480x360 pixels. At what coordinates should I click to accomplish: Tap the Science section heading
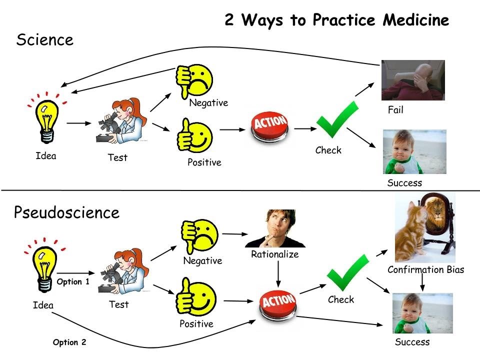tap(44, 40)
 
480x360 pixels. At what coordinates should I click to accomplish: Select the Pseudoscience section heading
tap(66, 212)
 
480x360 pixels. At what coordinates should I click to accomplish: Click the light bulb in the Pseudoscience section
tap(43, 264)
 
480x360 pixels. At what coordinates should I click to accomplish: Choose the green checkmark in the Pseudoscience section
tap(347, 272)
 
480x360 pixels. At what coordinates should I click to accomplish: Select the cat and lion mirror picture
tap(425, 227)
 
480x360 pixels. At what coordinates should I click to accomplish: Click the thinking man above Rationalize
tap(275, 228)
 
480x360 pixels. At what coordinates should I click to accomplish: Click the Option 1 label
tap(73, 282)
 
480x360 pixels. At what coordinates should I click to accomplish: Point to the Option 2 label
tap(69, 342)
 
